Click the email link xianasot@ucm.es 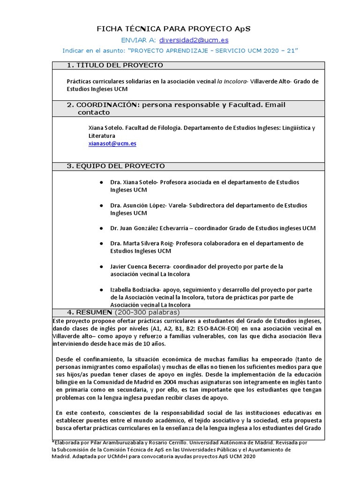point(112,143)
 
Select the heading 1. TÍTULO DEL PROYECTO point(115,65)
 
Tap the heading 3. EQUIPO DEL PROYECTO point(116,166)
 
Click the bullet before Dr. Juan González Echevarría point(101,228)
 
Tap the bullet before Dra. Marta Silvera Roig point(101,244)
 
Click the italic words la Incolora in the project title point(232,81)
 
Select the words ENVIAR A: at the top point(138,40)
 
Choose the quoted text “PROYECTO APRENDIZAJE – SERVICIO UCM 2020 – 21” point(213,50)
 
